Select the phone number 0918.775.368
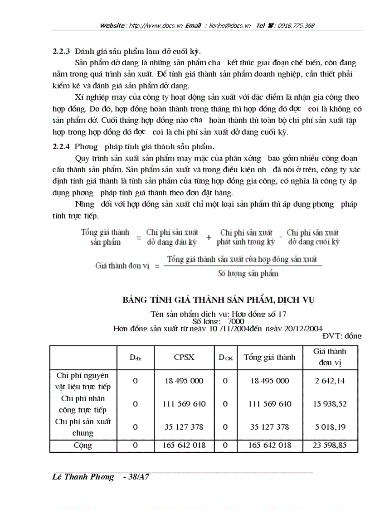tap(297, 26)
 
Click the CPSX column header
tap(184, 357)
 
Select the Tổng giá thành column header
tap(269, 357)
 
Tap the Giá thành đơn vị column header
tap(330, 357)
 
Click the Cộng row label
tap(83, 445)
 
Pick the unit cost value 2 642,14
tap(330, 381)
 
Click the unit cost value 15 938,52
tap(330, 403)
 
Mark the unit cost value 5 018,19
tap(330, 427)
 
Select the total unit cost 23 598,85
tap(330, 445)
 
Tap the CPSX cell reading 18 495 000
tap(184, 381)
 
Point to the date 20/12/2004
tap(303, 328)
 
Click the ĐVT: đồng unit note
tap(342, 336)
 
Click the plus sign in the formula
tap(208, 237)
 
